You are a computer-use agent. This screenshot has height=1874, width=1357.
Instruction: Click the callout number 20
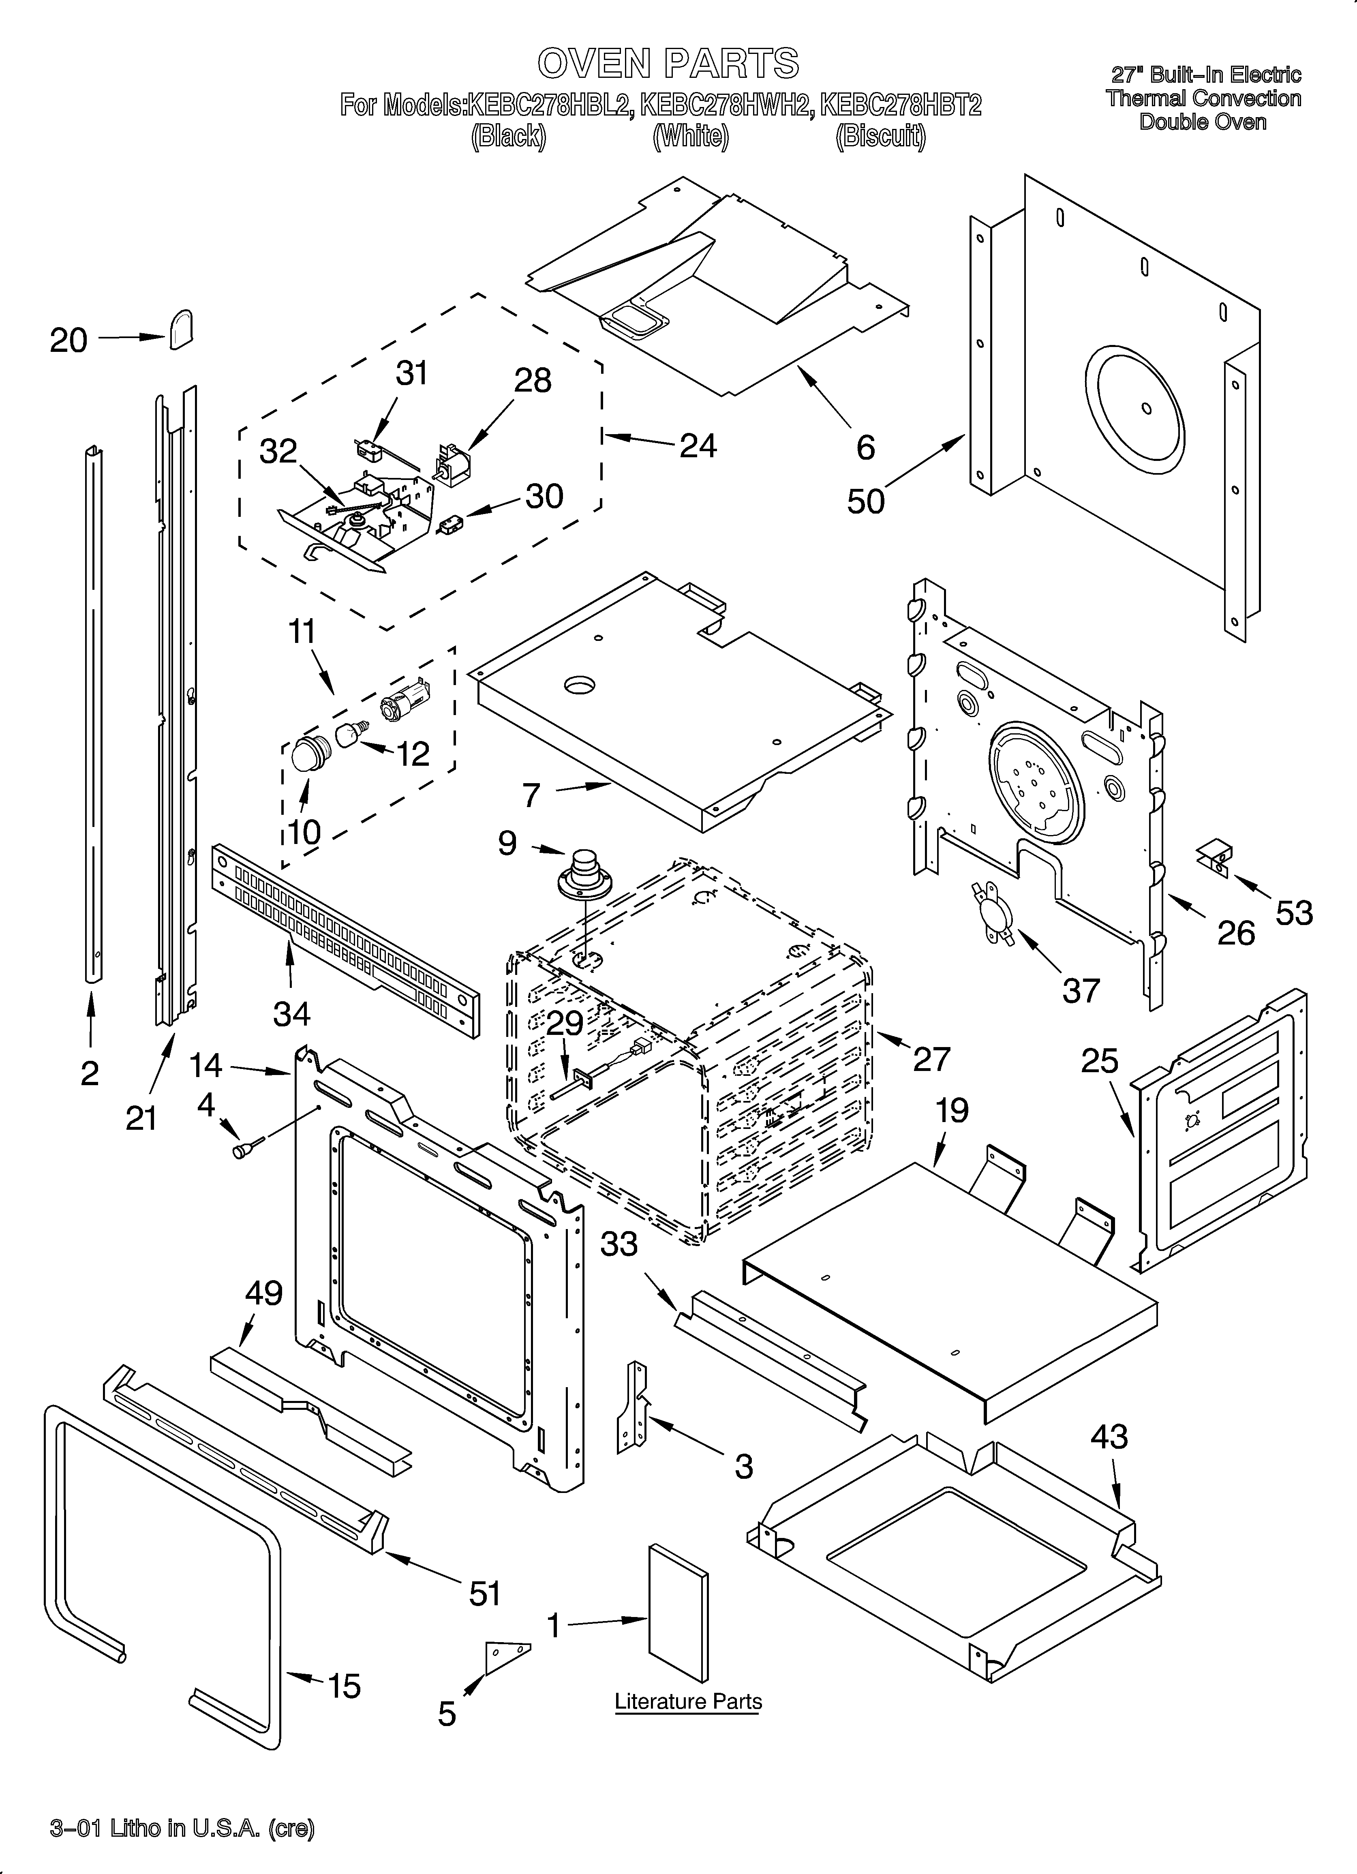[x=68, y=341]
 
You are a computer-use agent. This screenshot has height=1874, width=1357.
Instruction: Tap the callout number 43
[x=1109, y=1437]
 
